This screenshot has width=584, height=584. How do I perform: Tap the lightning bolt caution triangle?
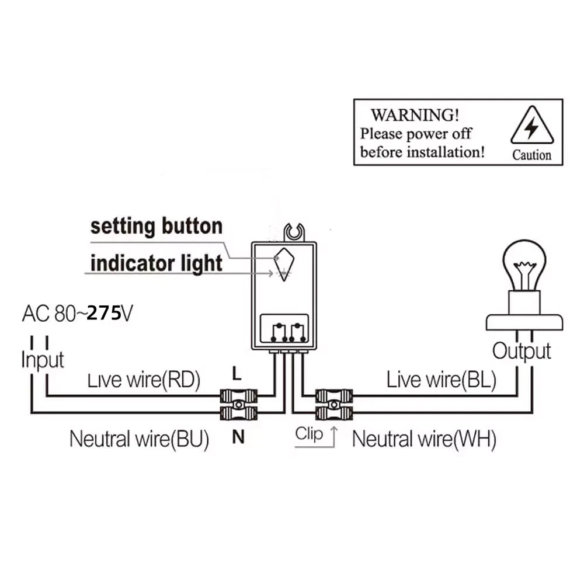point(531,127)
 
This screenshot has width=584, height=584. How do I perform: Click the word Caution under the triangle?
point(531,155)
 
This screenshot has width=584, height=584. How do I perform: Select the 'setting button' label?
point(157,227)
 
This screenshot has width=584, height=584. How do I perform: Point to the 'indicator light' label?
point(157,263)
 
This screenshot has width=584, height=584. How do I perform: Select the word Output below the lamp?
point(522,351)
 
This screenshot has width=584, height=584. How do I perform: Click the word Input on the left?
point(42,359)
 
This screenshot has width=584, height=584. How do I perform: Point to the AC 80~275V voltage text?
point(78,314)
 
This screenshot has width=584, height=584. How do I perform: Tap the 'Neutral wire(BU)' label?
point(139,439)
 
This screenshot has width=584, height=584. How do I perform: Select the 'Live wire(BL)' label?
point(441,380)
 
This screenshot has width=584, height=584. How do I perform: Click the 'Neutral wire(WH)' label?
point(424,439)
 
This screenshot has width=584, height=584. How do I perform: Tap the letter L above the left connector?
point(236,372)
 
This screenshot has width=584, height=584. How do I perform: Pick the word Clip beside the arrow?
point(309,434)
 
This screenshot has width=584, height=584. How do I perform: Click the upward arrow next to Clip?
point(334,436)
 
